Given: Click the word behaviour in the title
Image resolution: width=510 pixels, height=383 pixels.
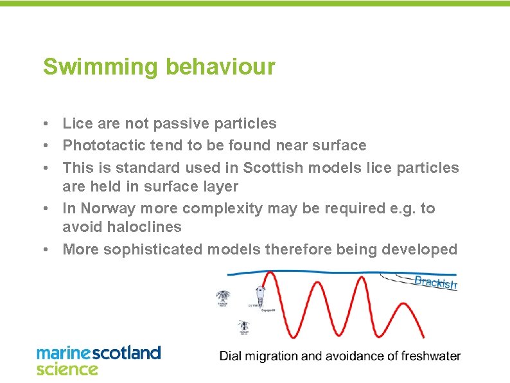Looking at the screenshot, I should [220, 67].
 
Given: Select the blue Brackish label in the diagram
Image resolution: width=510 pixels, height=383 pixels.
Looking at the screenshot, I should [435, 283].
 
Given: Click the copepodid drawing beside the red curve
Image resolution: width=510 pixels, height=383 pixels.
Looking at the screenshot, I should [260, 296].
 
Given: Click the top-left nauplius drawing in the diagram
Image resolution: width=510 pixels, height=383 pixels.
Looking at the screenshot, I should [222, 298].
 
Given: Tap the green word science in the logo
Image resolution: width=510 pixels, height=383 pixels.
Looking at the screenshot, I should [67, 369].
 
